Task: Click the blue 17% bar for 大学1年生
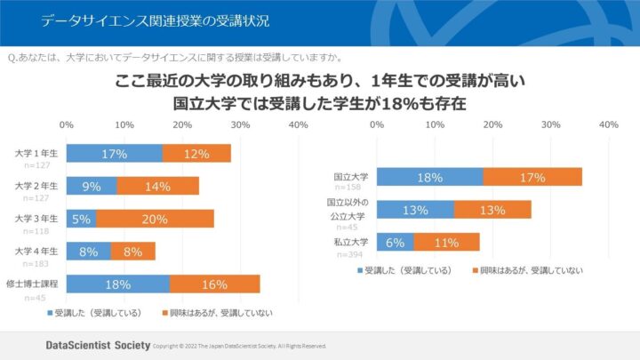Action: (x=114, y=154)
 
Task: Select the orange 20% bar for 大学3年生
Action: (x=155, y=219)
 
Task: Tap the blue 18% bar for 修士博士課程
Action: (x=117, y=284)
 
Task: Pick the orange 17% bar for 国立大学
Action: (x=532, y=177)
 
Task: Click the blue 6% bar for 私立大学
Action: (x=395, y=242)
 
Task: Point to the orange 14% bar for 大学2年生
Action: (x=157, y=186)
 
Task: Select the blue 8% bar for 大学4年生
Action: (x=89, y=252)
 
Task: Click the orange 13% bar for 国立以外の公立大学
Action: (x=492, y=210)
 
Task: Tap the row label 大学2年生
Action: (x=36, y=186)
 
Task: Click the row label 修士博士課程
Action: (x=32, y=284)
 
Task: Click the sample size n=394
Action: (x=348, y=254)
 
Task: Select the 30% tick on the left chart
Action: (x=241, y=125)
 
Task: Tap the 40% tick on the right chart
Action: (x=608, y=125)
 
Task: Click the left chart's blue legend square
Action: (x=49, y=313)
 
